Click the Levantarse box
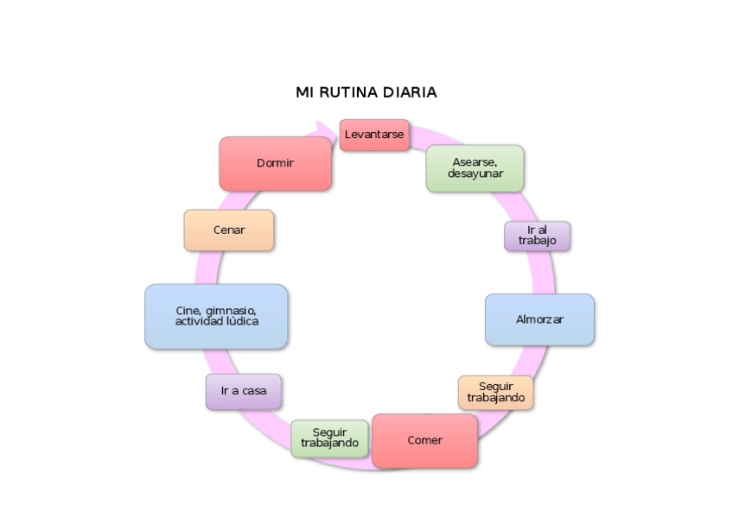pyautogui.click(x=373, y=135)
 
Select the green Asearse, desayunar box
pyautogui.click(x=475, y=167)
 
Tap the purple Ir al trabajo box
pyautogui.click(x=537, y=236)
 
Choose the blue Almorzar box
pyautogui.click(x=539, y=319)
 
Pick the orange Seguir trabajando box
pyautogui.click(x=495, y=393)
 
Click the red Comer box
pyautogui.click(x=424, y=440)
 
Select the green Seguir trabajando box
pyautogui.click(x=329, y=438)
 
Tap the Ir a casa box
pyautogui.click(x=243, y=391)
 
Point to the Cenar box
pyautogui.click(x=229, y=230)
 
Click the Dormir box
pyautogui.click(x=275, y=163)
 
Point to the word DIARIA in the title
pyautogui.click(x=411, y=92)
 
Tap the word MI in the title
pyautogui.click(x=303, y=92)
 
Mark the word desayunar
pyautogui.click(x=475, y=173)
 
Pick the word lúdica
pyautogui.click(x=242, y=321)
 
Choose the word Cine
pyautogui.click(x=188, y=311)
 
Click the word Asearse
pyautogui.click(x=474, y=161)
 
